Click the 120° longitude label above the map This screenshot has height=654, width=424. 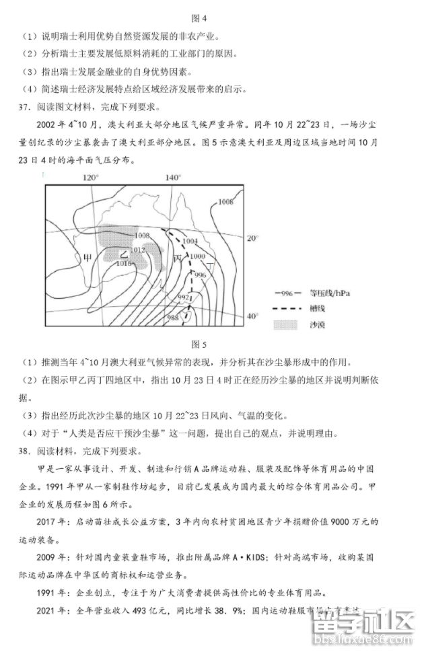tap(90, 178)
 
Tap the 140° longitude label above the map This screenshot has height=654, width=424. tap(173, 178)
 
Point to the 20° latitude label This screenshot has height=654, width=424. tap(252, 239)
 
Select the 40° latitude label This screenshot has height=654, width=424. tap(252, 316)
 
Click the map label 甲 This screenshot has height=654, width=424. tap(87, 258)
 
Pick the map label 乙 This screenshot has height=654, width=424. tap(123, 255)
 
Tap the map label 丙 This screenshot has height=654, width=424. tap(178, 258)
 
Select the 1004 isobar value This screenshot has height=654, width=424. tap(189, 241)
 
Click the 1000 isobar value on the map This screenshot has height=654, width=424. tap(197, 257)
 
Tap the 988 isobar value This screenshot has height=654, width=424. tap(174, 318)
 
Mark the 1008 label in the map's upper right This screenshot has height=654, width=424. tap(226, 202)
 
